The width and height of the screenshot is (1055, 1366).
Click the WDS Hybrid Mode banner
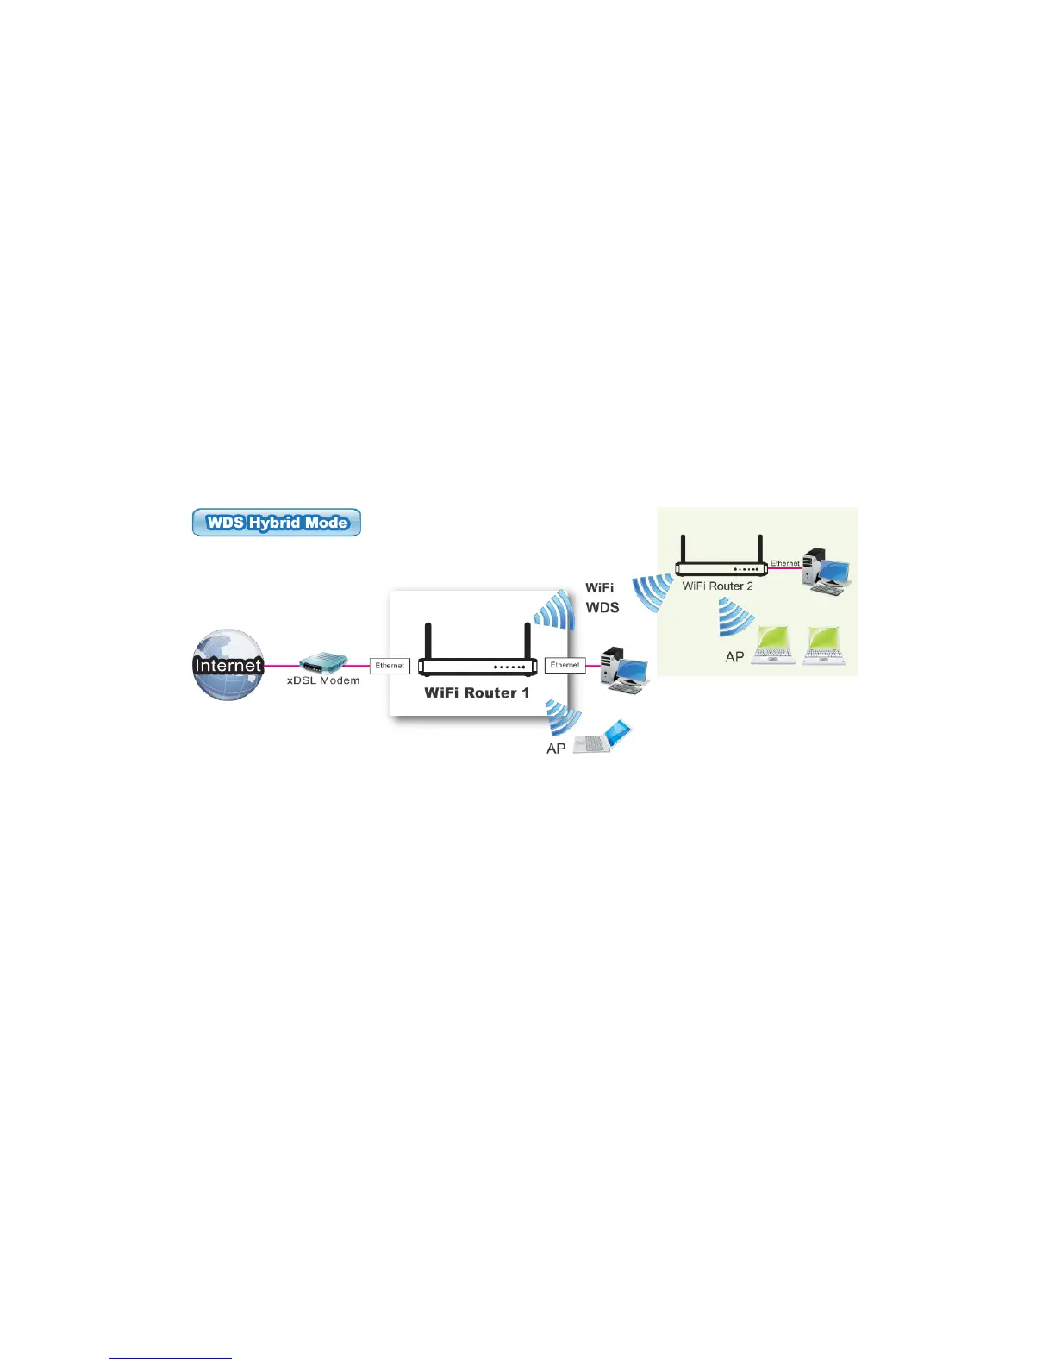coord(276,523)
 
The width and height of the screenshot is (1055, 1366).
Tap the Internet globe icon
coord(228,664)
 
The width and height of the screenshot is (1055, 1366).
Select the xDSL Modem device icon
coord(323,663)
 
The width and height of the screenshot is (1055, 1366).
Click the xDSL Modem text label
coord(323,680)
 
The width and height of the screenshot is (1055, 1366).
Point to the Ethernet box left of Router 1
coord(390,666)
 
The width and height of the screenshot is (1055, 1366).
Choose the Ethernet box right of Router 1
coord(565,665)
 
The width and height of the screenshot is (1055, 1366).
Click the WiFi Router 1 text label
coord(477,692)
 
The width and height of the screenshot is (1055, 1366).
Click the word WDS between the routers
coord(602,607)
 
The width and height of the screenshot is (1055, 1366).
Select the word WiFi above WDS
coord(600,587)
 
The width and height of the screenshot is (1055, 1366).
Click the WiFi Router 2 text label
coord(717,586)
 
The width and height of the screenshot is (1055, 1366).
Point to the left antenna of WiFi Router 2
coord(683,548)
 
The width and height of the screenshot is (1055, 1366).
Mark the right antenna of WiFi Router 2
coord(760,548)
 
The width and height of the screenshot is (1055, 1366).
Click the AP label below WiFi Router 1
coord(556,749)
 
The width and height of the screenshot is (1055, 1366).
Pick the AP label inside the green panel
coord(734,657)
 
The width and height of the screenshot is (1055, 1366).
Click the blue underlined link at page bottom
coord(171,1358)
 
